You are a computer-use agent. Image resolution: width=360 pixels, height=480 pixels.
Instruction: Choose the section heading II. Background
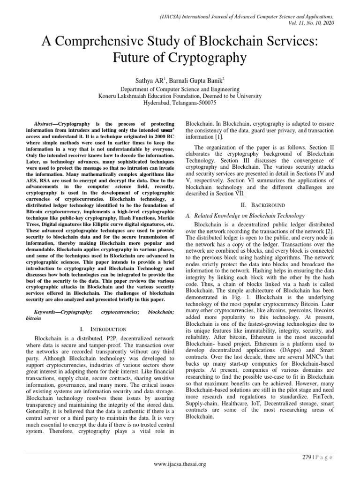pos(254,205)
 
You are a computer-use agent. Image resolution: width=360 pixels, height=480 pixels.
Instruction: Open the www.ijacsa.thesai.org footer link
pos(180,464)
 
